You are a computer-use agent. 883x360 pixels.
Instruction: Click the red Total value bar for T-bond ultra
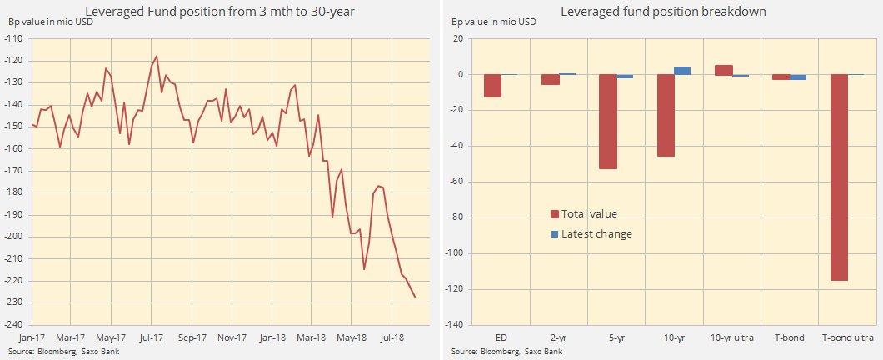coord(840,177)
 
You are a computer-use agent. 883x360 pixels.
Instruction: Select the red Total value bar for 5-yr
coord(607,122)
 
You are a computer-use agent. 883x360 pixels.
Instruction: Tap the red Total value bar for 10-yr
coord(665,116)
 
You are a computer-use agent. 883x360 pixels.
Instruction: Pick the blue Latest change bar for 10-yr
coord(682,71)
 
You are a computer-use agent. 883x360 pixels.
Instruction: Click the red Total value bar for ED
coord(492,86)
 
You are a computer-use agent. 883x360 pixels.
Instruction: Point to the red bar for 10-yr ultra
coord(724,70)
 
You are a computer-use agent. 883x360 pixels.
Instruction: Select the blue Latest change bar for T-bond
coord(798,77)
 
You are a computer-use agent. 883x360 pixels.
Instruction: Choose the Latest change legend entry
coord(591,234)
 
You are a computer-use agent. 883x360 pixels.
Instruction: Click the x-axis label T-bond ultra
coord(847,337)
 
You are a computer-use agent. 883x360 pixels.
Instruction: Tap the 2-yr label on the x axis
coord(557,337)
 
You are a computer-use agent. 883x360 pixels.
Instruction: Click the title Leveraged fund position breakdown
coord(662,11)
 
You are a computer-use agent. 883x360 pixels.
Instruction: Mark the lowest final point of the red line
coord(415,297)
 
